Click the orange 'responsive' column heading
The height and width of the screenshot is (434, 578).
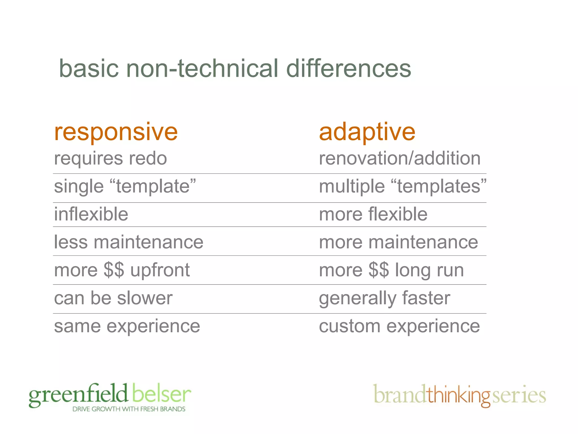coord(116,132)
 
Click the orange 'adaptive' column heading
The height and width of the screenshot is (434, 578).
coord(367,132)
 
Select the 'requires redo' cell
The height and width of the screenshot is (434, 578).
coord(110,159)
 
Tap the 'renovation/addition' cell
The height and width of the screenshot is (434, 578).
coord(399,158)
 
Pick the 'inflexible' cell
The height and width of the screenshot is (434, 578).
coord(91,214)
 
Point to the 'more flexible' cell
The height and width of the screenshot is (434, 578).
coord(373,214)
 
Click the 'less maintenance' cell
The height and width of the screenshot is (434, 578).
coord(128,242)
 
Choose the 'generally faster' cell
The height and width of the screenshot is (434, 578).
coord(384,298)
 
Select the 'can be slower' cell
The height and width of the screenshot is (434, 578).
coord(113,298)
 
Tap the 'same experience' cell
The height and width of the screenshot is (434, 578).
coord(127,326)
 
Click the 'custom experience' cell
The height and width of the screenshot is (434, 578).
coord(399,326)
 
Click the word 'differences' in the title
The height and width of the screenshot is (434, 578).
coord(348,69)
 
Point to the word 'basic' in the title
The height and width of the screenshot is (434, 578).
coord(89,69)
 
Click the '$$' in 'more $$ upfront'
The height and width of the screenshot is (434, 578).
coord(114,270)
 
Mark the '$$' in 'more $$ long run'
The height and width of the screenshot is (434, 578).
coord(379,270)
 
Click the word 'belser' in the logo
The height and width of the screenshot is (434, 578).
coord(161,394)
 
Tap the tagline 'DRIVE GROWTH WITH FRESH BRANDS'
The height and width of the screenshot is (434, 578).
coord(129,409)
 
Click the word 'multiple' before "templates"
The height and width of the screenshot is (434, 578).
coord(352,186)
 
